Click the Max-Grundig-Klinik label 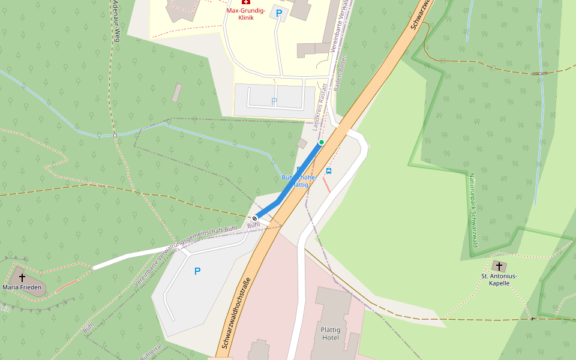[x=246, y=14]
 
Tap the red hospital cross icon [x=246, y=2]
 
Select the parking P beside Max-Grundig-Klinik [x=278, y=12]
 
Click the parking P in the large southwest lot [x=197, y=271]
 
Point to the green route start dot [x=322, y=142]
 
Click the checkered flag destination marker [x=255, y=218]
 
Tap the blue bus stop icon [x=328, y=171]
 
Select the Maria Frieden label [x=22, y=287]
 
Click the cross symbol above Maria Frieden [x=22, y=277]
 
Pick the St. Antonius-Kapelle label [x=499, y=280]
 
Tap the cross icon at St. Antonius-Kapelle [x=499, y=265]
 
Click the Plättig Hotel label [x=331, y=334]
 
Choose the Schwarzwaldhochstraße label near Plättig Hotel [x=235, y=312]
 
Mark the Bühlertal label [x=151, y=350]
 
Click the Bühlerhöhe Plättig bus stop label [x=298, y=181]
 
